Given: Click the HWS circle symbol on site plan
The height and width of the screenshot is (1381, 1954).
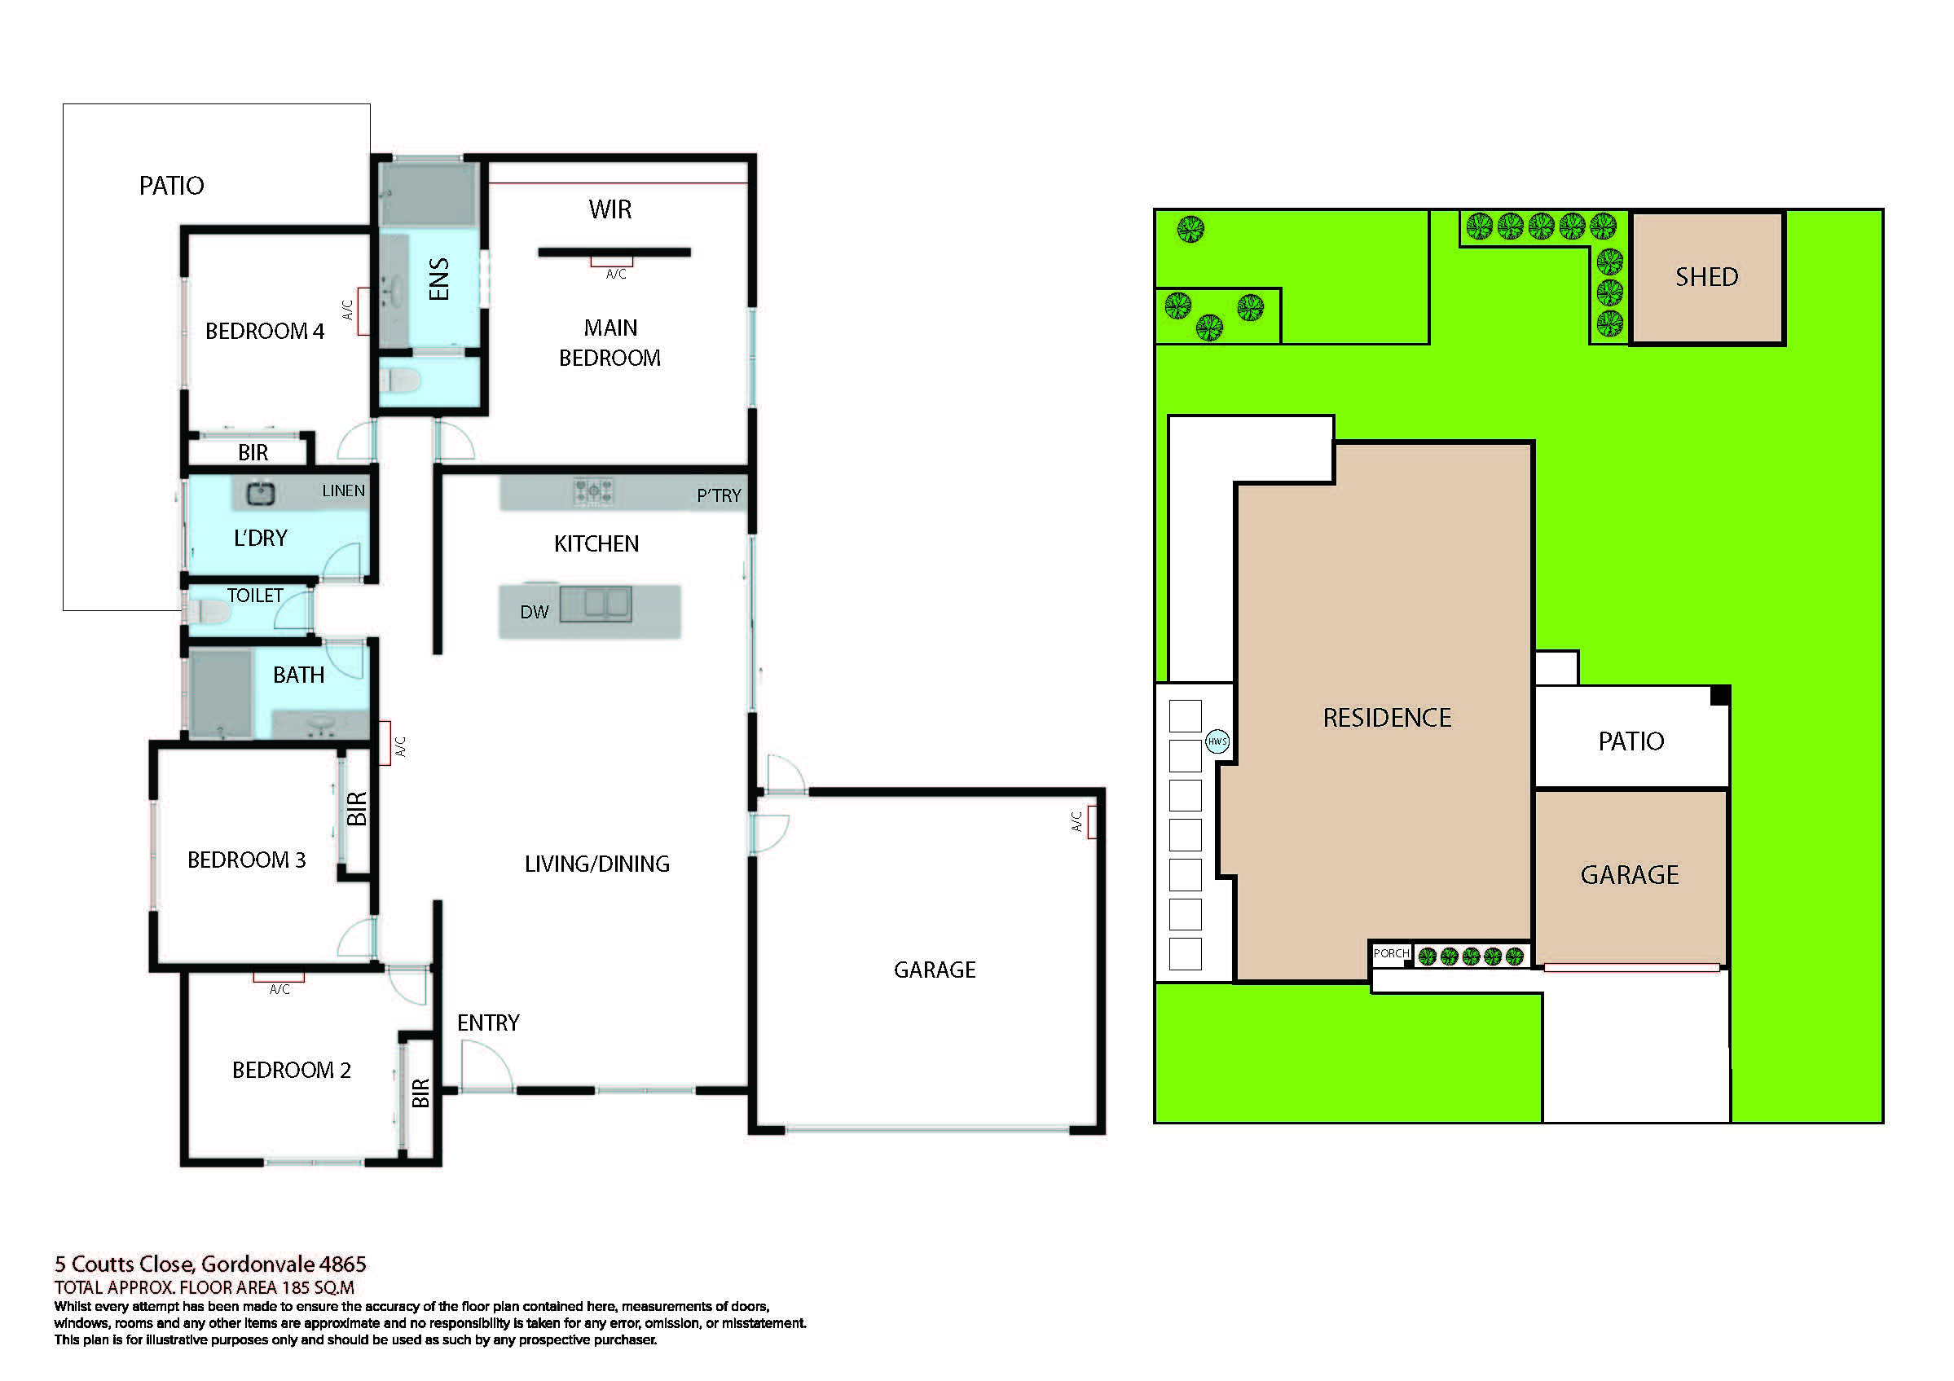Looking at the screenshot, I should (1217, 741).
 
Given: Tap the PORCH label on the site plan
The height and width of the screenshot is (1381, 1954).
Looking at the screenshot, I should (1391, 953).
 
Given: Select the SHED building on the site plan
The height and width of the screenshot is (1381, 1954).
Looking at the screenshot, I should (1706, 277).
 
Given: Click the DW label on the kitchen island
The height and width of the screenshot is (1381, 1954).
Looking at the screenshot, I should (535, 612).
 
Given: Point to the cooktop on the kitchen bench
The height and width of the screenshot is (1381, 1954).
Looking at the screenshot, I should (593, 491).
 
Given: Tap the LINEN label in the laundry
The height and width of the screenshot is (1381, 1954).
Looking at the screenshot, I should (343, 491).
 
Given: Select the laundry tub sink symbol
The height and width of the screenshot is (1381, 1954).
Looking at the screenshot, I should (261, 493).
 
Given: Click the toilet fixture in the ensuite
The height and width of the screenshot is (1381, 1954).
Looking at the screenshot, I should (400, 380).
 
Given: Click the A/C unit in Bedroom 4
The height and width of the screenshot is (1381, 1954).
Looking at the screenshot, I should (363, 311).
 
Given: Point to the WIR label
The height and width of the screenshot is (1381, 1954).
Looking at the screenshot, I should (610, 209).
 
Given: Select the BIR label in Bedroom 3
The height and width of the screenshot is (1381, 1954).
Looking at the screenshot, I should (357, 808).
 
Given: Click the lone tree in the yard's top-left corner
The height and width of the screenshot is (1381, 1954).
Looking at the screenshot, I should (1190, 228).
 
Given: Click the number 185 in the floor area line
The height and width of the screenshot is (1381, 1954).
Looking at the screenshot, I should (293, 1287).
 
